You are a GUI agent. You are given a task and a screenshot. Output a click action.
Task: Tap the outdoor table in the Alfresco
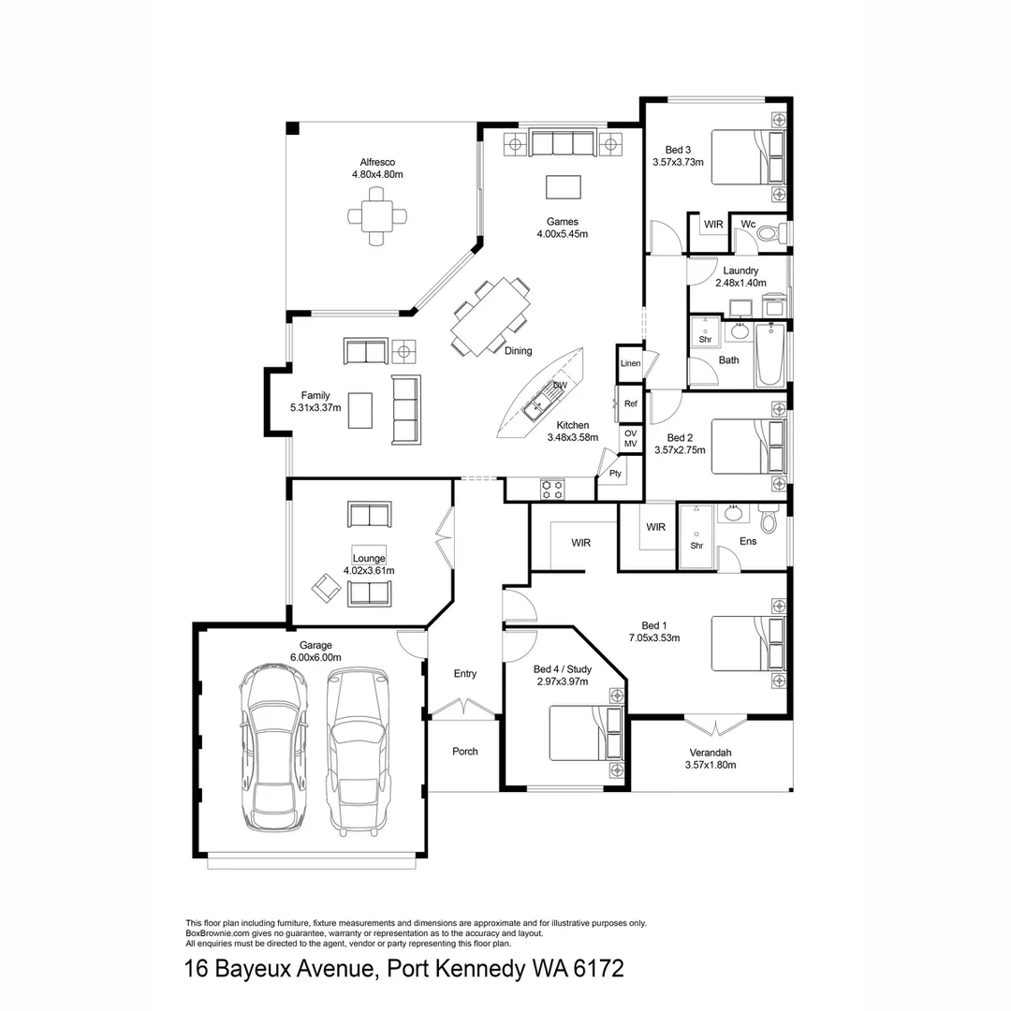[377, 215]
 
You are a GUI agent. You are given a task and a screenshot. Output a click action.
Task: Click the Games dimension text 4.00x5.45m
[562, 234]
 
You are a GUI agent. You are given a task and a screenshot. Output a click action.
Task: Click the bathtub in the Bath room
[769, 356]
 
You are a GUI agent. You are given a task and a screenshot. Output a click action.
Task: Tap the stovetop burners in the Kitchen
[551, 488]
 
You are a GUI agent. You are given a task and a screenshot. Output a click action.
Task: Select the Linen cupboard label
[630, 363]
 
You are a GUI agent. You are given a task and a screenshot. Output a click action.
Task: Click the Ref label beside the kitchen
[630, 404]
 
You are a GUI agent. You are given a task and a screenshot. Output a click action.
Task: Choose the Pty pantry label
[615, 474]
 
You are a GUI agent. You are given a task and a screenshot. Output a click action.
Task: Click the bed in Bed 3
[749, 157]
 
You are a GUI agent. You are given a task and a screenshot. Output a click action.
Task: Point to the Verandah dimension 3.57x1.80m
[711, 765]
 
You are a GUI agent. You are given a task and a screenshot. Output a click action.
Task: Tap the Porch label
[465, 751]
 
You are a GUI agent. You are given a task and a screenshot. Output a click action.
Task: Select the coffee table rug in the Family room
[360, 410]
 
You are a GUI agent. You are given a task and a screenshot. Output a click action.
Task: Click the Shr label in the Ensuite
[696, 546]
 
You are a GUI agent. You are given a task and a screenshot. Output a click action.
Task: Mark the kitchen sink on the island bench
[538, 405]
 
